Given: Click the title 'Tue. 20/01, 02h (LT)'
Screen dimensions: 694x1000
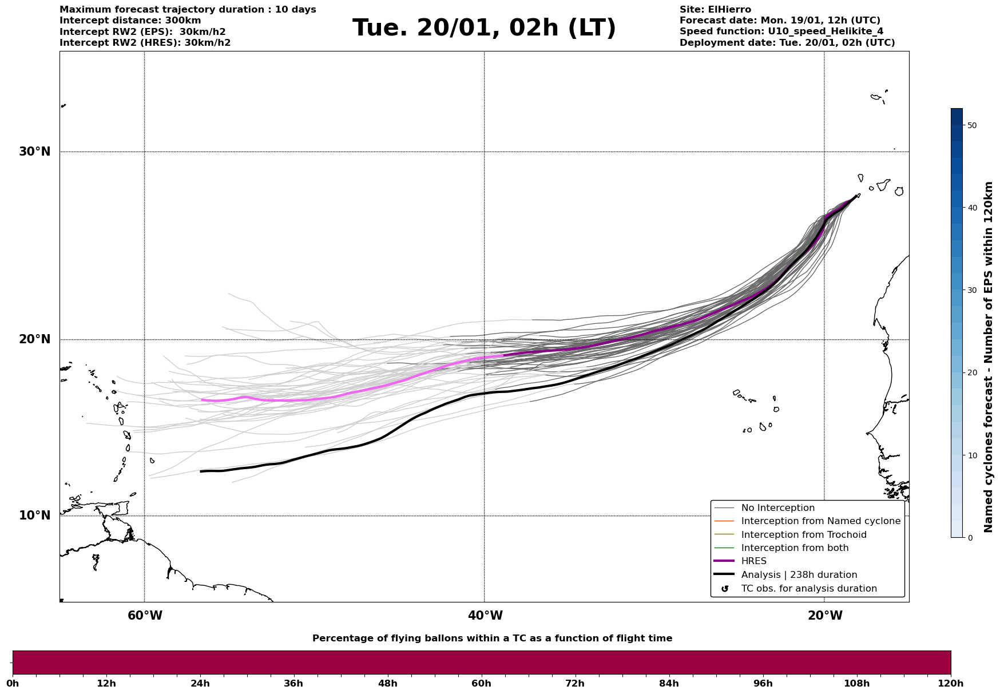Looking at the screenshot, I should (484, 28).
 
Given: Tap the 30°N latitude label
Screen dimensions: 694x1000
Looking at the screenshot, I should (34, 152).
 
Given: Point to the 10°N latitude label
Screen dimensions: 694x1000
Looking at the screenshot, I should (34, 515).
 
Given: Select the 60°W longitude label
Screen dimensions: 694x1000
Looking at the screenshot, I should (145, 616).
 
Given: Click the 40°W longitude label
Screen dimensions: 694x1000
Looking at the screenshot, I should (485, 616).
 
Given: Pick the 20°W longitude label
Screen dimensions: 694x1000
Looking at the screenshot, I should (825, 616).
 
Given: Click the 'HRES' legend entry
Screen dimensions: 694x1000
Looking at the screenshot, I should (753, 561).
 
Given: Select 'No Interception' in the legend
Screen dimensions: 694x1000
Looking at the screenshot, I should (777, 508).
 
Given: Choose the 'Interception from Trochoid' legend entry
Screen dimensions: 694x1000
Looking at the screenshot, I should (803, 535).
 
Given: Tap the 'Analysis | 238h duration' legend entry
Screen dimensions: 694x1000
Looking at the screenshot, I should (799, 575).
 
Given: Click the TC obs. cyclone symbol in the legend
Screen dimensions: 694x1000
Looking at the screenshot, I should (725, 589).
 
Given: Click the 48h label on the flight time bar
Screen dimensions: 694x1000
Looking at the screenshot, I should (387, 683).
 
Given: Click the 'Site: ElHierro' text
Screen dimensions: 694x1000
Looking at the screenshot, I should (715, 10).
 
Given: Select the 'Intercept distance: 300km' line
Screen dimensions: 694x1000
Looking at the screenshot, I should (130, 21).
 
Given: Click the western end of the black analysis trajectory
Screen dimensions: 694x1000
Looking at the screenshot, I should (201, 471).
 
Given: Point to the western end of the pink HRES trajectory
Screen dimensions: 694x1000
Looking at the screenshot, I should (203, 400).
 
